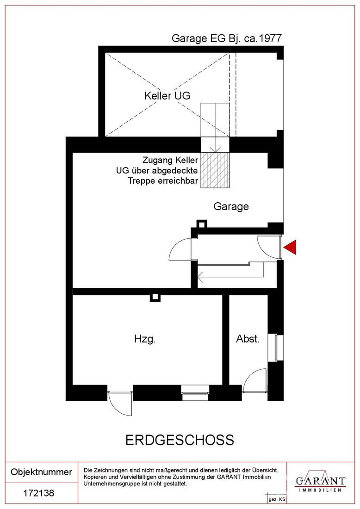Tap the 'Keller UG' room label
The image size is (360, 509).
(167, 96)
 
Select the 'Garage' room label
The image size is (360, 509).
(231, 206)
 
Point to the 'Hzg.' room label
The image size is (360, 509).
(145, 339)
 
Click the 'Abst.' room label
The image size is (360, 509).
(248, 339)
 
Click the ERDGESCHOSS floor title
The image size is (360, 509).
(180, 440)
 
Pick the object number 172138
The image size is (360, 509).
(38, 493)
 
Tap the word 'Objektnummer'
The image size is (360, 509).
(41, 472)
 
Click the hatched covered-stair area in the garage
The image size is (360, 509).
(215, 170)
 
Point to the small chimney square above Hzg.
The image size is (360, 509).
(155, 297)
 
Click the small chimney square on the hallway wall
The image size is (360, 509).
(202, 223)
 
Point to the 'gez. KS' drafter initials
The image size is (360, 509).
(277, 500)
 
